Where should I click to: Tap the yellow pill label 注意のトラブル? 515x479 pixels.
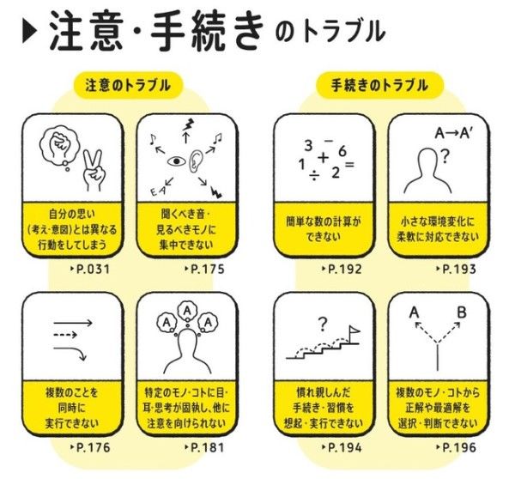pos(128,86)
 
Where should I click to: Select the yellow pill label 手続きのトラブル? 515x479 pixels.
pos(379,86)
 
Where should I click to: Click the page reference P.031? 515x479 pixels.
pos(90,270)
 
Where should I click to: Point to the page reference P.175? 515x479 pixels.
pos(204,270)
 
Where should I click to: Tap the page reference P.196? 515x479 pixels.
pos(457,447)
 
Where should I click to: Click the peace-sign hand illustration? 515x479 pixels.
pos(94,170)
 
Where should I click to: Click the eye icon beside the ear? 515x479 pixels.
pos(177,161)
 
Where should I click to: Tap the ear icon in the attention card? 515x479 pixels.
pos(196,161)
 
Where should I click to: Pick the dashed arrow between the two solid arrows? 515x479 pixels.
pos(65,335)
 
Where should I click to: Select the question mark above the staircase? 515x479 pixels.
pos(323,324)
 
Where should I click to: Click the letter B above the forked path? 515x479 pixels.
pos(462,312)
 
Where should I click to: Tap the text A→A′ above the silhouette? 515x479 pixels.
pos(454,133)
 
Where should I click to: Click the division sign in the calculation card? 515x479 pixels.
pos(314,177)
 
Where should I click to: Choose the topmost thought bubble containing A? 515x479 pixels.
pos(187,311)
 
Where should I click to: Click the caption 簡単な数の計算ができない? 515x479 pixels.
pos(324,229)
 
